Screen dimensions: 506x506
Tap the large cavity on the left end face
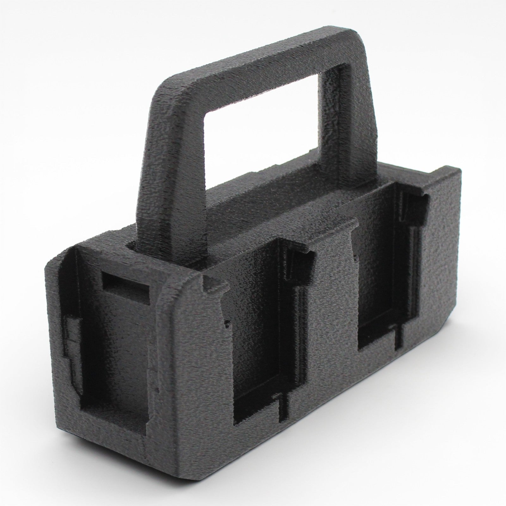tap(111, 348)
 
